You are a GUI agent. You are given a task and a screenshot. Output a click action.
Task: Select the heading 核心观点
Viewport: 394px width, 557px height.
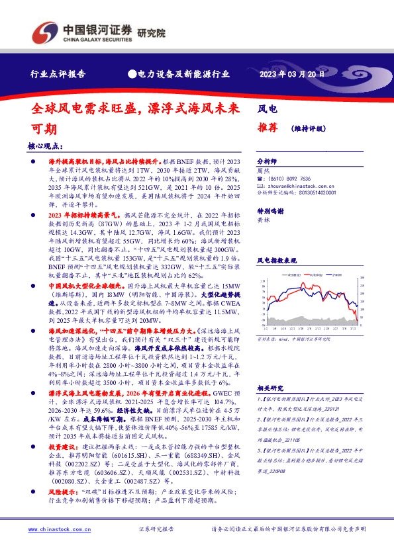tap(44, 146)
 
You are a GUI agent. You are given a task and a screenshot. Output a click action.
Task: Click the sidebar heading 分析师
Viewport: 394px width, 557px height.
tap(267, 161)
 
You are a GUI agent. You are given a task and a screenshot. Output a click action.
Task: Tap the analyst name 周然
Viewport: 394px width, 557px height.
tap(263, 171)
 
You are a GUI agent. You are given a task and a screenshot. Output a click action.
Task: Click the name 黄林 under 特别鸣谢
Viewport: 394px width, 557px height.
tap(263, 219)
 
